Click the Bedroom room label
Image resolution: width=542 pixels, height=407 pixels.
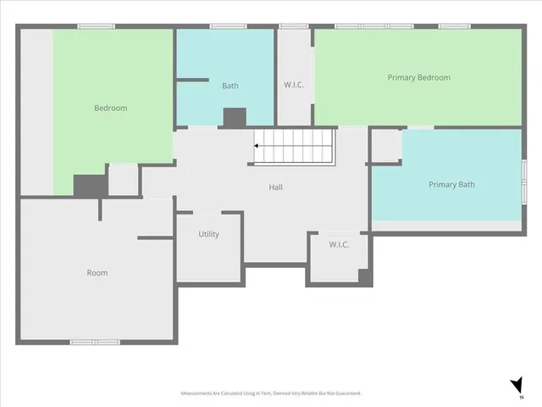click(x=110, y=108)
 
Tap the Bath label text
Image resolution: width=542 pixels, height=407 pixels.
click(x=230, y=86)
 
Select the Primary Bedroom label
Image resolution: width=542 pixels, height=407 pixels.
click(x=418, y=77)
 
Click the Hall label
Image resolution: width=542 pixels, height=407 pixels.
click(x=276, y=187)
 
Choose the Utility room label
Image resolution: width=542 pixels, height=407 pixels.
click(x=209, y=234)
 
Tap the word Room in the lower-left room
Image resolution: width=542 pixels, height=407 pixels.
click(x=97, y=273)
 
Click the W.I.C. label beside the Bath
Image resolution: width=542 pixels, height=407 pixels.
click(x=294, y=86)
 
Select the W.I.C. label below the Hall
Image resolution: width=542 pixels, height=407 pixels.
click(x=339, y=244)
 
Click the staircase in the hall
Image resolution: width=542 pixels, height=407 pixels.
click(x=296, y=147)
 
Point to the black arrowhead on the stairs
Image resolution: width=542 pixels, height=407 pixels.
click(x=257, y=147)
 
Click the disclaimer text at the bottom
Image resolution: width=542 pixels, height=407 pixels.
click(x=271, y=393)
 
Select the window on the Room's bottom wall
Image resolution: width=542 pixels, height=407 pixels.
click(x=95, y=342)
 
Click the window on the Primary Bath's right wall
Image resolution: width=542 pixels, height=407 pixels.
click(x=523, y=181)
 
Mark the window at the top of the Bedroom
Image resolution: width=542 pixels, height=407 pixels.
click(x=96, y=26)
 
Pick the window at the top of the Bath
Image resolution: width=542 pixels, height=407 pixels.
click(x=228, y=26)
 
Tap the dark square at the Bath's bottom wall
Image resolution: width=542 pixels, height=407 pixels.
click(x=234, y=118)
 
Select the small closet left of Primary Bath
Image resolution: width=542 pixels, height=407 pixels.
click(x=385, y=146)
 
